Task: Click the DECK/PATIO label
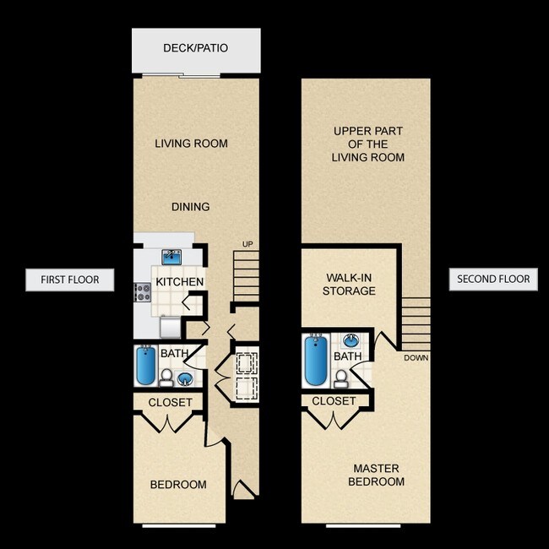[195, 48]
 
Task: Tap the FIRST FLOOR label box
[69, 280]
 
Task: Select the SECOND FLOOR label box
[493, 279]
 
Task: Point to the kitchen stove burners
[143, 292]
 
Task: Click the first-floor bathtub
[146, 366]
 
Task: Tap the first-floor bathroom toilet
[166, 375]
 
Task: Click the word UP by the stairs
[247, 244]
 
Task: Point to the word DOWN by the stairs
[416, 357]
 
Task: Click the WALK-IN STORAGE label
[349, 284]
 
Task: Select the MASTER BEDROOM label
[376, 475]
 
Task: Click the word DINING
[190, 206]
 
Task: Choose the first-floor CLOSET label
[170, 402]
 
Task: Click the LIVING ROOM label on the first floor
[191, 144]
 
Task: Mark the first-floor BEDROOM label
[178, 484]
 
